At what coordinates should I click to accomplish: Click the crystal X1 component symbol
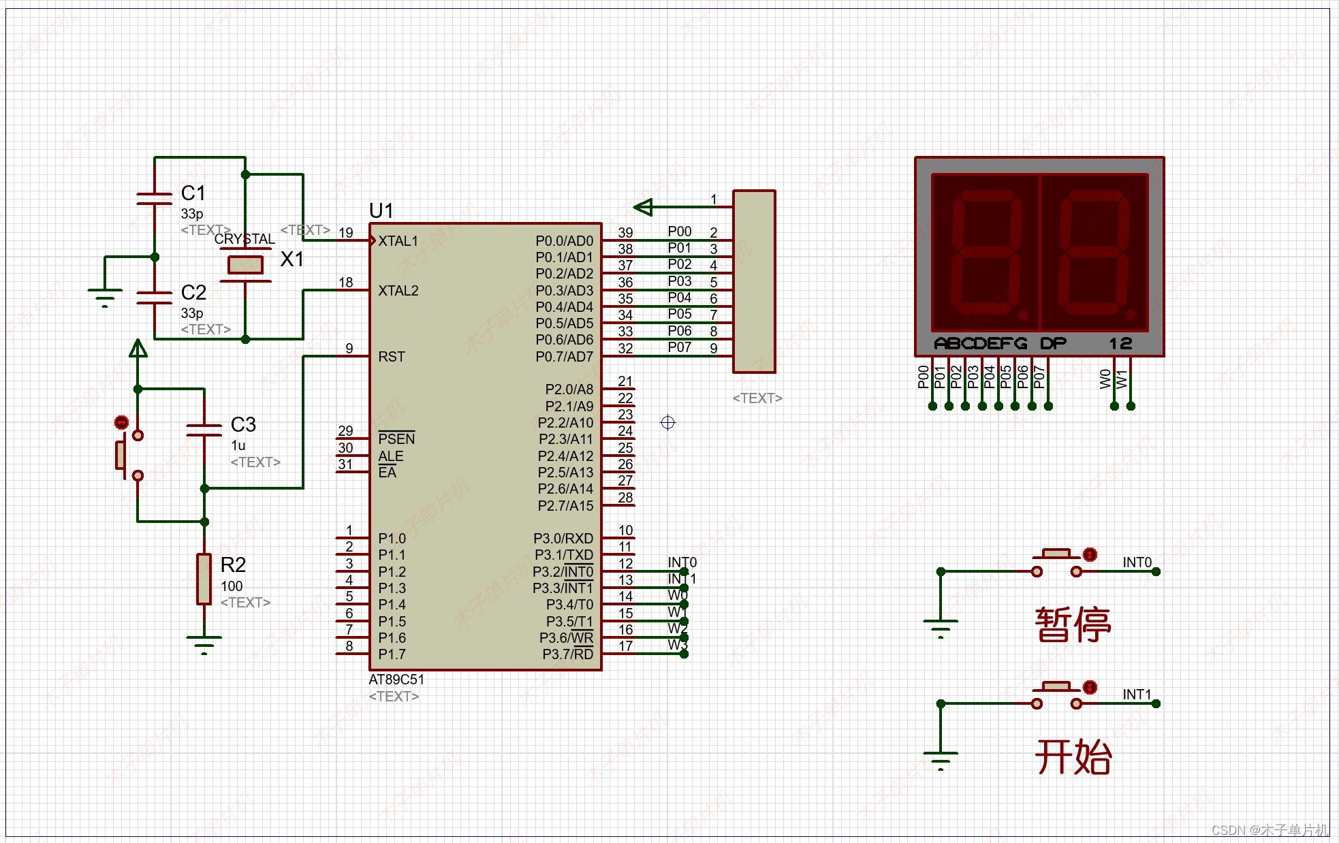(245, 264)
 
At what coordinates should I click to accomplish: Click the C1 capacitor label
(193, 193)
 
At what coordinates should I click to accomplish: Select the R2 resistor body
(204, 579)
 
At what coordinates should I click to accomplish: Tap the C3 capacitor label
(243, 425)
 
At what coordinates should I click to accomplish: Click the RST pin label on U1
(391, 357)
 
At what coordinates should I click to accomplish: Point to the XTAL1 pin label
(398, 241)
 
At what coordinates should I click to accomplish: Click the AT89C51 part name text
(396, 680)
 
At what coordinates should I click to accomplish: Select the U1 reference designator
(381, 211)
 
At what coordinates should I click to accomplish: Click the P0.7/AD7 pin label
(564, 357)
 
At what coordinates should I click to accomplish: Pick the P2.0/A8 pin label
(569, 389)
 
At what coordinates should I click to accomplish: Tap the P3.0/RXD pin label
(563, 539)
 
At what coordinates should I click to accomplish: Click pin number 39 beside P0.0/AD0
(625, 233)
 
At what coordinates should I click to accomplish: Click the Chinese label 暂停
(1073, 624)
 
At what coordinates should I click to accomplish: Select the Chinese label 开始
(1073, 757)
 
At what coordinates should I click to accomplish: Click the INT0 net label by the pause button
(1137, 562)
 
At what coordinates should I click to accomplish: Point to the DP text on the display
(1053, 343)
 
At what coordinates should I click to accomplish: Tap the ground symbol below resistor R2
(204, 644)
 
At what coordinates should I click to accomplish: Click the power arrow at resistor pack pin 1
(644, 206)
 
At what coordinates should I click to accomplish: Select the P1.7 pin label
(392, 654)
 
